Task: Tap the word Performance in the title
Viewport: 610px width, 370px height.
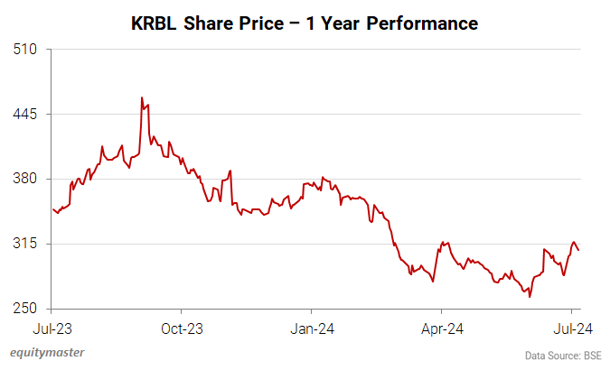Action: [418, 23]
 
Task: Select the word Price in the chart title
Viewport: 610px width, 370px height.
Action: [261, 23]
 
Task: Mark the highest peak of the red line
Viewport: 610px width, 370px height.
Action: [142, 97]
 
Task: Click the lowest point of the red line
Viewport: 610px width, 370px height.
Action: [530, 296]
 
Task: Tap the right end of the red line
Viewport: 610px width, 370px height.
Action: [578, 251]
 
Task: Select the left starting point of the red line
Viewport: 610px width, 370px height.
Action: [53, 209]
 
